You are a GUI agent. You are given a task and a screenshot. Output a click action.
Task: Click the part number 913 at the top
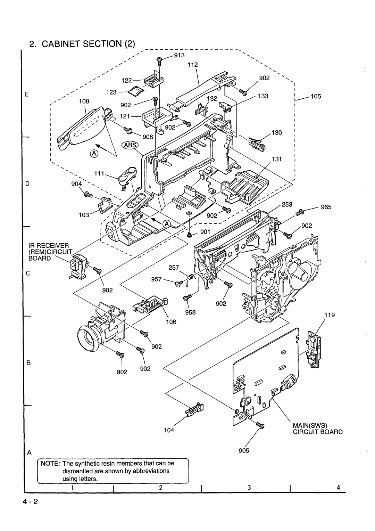(x=179, y=55)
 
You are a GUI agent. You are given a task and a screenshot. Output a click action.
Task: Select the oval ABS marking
(x=130, y=145)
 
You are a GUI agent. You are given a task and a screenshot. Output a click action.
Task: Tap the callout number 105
(x=316, y=96)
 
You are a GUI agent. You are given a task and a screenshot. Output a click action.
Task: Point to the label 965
(x=326, y=207)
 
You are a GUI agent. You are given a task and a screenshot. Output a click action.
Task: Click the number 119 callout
(x=330, y=315)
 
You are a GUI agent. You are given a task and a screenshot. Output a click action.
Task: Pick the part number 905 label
(x=244, y=451)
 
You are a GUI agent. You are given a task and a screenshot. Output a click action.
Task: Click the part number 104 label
(x=169, y=430)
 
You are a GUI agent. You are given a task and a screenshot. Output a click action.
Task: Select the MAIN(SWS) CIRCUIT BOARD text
(x=318, y=428)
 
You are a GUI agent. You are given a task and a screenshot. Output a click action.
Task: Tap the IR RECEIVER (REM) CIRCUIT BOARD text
(x=50, y=252)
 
